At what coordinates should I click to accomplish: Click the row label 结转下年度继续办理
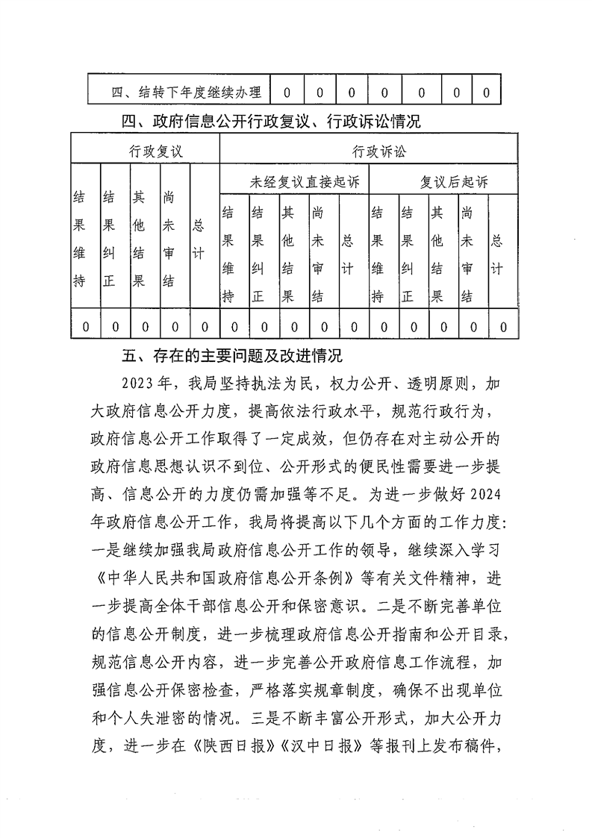coord(187,93)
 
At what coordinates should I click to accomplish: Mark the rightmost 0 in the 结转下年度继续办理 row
coord(486,93)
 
